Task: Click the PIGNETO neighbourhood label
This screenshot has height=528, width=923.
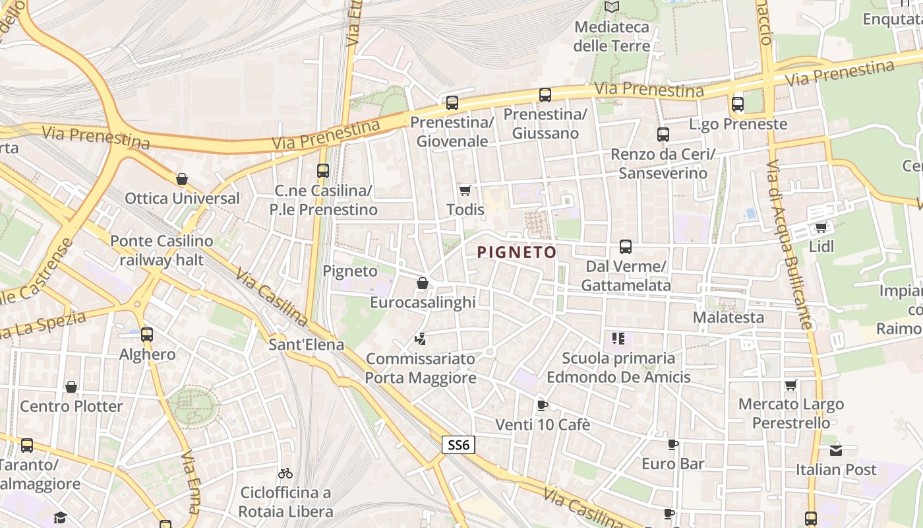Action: point(517,252)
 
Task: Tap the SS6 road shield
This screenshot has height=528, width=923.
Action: point(458,445)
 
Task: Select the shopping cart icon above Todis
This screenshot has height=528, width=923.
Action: point(465,190)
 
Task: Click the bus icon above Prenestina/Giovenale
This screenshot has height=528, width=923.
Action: point(452,103)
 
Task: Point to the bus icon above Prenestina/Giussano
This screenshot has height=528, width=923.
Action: point(545,95)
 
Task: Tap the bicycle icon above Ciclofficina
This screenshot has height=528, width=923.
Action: point(285,473)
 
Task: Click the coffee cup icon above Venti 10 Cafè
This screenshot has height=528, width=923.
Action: point(542,405)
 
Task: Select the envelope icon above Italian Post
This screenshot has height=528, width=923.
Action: point(836,451)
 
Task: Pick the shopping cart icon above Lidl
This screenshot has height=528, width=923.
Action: point(821,228)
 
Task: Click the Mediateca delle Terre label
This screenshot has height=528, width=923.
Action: point(612,36)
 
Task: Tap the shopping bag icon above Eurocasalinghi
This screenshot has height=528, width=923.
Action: point(423,283)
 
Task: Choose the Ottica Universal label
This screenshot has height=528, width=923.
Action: point(182,198)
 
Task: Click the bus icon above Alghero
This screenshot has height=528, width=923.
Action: point(147,335)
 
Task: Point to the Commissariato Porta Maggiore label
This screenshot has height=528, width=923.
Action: point(421,368)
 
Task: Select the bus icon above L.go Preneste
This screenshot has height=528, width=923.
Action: point(738,104)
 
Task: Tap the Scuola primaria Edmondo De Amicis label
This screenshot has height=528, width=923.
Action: point(618,368)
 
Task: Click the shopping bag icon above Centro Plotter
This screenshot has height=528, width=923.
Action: point(71,387)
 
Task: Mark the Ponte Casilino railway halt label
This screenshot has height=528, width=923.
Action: point(162,250)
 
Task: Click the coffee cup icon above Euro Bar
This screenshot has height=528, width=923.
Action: point(672,445)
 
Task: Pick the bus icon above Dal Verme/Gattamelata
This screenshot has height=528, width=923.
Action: point(626,247)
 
